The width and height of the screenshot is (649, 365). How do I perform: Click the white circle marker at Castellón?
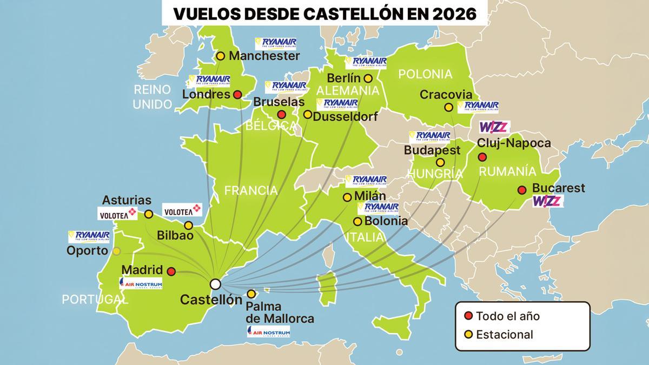click(215, 284)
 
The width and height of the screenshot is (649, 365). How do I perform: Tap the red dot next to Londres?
click(237, 95)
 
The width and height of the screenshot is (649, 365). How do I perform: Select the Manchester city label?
click(264, 56)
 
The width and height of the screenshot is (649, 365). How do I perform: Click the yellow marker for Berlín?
click(368, 78)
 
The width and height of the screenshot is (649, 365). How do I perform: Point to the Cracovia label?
click(441, 95)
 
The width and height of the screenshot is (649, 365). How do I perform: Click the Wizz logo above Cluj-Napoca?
click(494, 128)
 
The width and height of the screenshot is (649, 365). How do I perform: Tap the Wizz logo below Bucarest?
click(548, 202)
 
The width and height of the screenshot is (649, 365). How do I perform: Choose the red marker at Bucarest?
click(522, 190)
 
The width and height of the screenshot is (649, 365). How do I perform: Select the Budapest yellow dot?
click(440, 162)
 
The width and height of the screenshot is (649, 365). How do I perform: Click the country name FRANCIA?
click(251, 190)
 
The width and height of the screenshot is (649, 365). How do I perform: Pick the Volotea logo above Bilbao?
click(182, 210)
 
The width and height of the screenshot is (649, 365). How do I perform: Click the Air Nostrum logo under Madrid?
click(141, 283)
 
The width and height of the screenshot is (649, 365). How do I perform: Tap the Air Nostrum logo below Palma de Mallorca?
click(268, 331)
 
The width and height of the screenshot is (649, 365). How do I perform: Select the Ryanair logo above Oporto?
click(89, 236)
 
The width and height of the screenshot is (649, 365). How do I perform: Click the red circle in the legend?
click(468, 315)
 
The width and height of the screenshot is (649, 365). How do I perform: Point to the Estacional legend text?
click(504, 335)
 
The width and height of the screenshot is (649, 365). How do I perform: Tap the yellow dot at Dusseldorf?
click(307, 115)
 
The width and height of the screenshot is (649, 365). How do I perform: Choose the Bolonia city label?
click(386, 221)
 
